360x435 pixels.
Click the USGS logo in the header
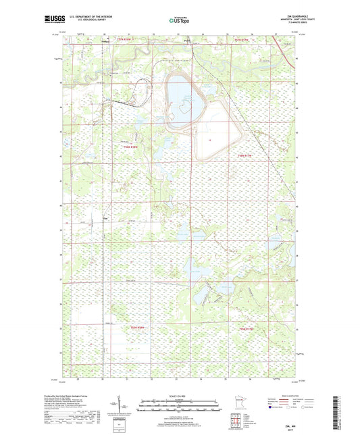click(55, 20)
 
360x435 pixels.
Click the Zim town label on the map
click(104, 218)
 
